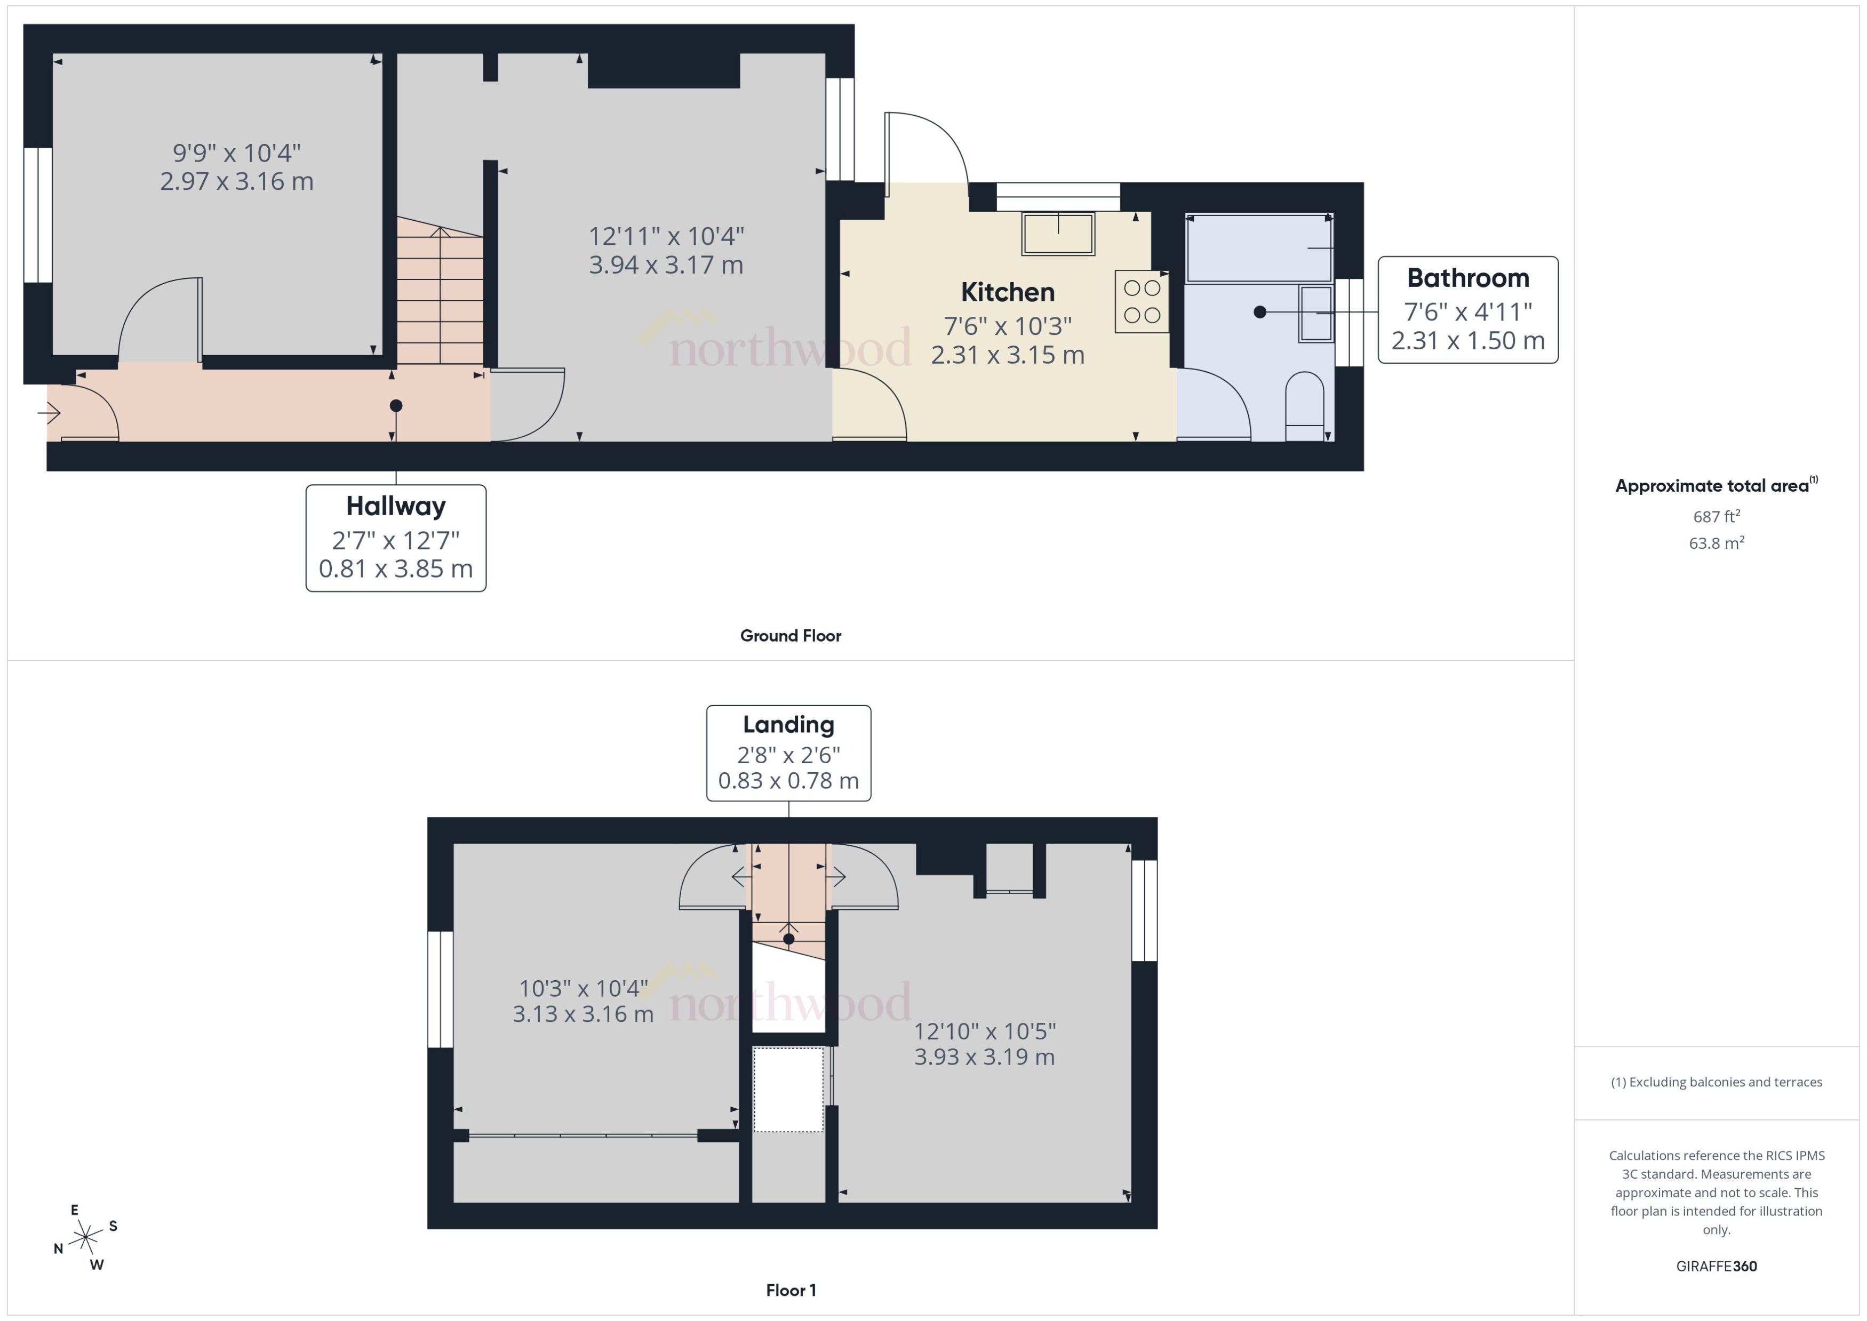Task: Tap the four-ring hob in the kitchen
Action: point(1142,301)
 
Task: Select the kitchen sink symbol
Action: point(1058,234)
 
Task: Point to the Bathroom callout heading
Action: point(1467,278)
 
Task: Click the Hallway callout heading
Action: point(395,506)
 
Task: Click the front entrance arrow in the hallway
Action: point(50,413)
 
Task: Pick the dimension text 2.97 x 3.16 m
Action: point(237,181)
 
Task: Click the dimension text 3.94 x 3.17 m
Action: point(665,265)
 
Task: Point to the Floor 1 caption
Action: point(790,1290)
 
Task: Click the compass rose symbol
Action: point(85,1238)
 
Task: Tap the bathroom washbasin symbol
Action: point(1315,313)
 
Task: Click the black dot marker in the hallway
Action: point(395,405)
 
